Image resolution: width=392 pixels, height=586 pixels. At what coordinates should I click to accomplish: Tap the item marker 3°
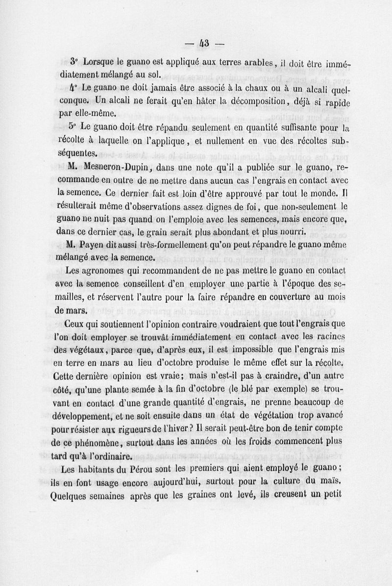click(74, 62)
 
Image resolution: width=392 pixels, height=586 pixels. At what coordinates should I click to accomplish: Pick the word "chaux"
click(253, 89)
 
